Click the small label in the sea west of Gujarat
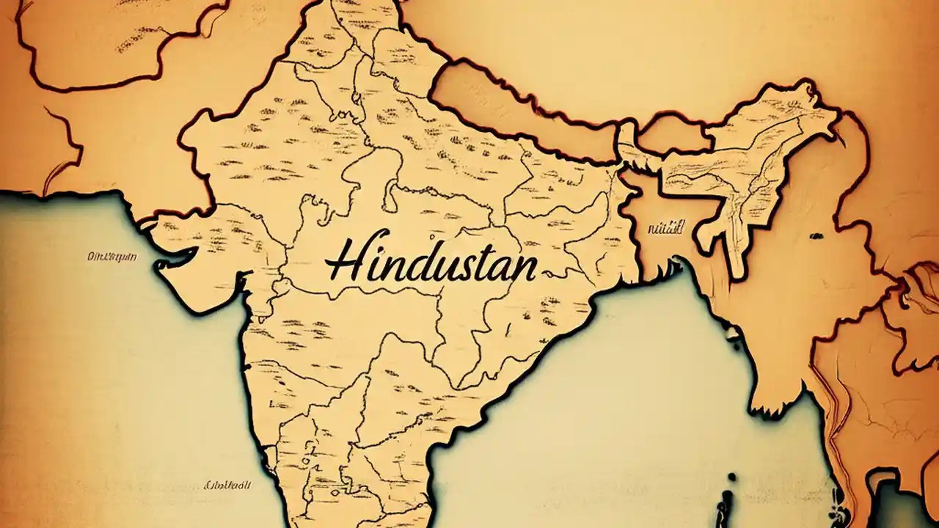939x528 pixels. tap(112, 257)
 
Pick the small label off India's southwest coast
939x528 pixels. tap(227, 485)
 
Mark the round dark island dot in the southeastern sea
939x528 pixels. tap(731, 477)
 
